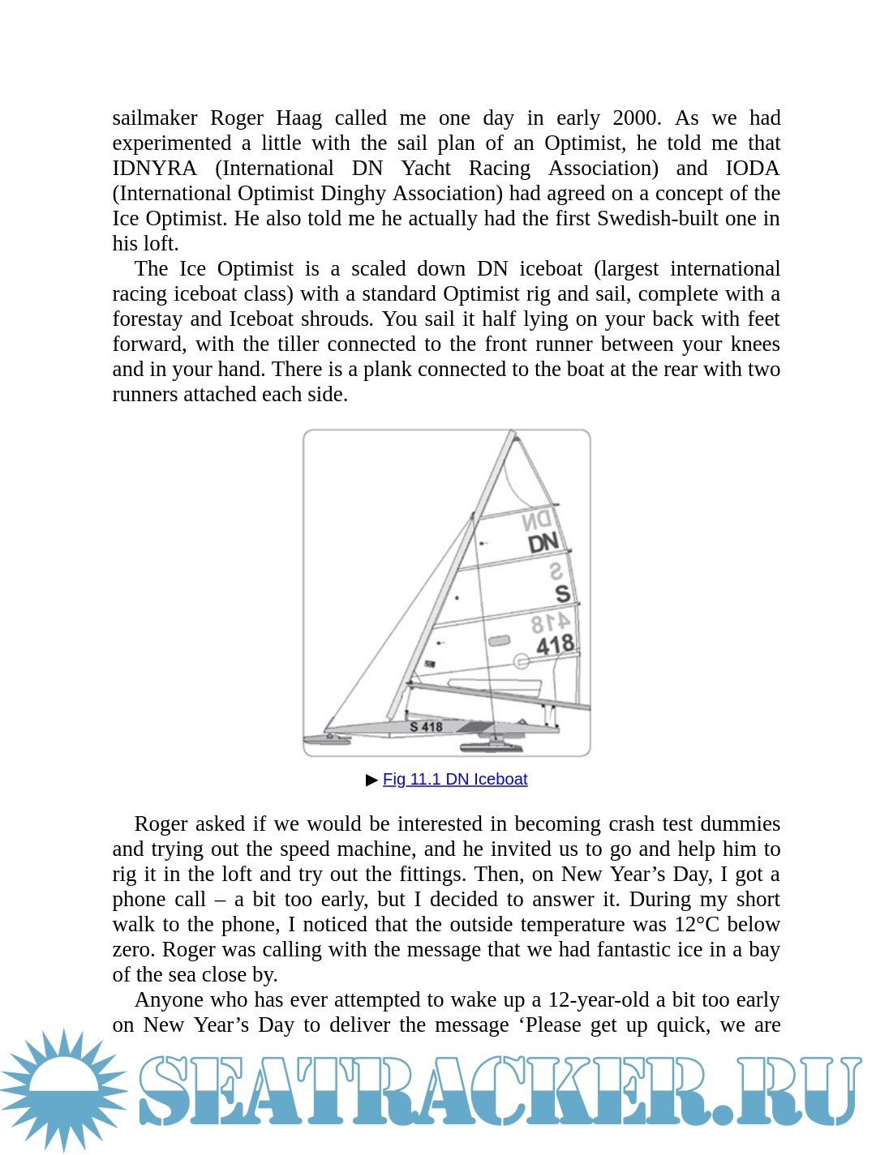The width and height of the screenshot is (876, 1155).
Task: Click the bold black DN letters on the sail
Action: tap(543, 543)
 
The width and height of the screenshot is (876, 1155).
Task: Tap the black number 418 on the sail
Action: tap(555, 645)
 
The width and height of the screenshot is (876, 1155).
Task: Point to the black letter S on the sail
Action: tap(562, 594)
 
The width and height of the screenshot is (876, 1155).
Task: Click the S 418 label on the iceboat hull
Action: tap(426, 727)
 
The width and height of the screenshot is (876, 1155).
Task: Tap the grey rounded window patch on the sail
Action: tap(499, 641)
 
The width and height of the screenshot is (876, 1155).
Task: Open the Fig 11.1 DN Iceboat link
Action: tap(455, 779)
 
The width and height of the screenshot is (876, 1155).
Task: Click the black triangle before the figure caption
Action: tap(372, 780)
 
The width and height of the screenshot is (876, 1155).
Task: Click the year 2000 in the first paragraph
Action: tap(636, 118)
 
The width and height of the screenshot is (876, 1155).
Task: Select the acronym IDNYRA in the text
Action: tap(154, 169)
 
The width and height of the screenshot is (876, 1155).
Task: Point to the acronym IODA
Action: tap(752, 169)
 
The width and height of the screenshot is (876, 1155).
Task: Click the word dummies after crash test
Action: tap(740, 824)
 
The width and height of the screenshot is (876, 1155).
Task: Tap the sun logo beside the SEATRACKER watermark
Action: tap(63, 1089)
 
